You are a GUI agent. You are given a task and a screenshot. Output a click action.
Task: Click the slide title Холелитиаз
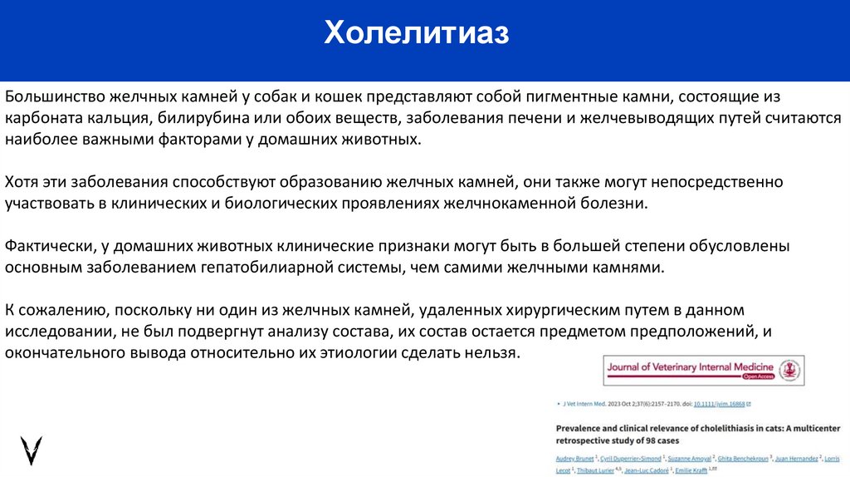(416, 35)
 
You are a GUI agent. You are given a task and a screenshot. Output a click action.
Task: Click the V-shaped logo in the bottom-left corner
(32, 450)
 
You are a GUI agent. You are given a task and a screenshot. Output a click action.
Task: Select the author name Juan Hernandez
(799, 459)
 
